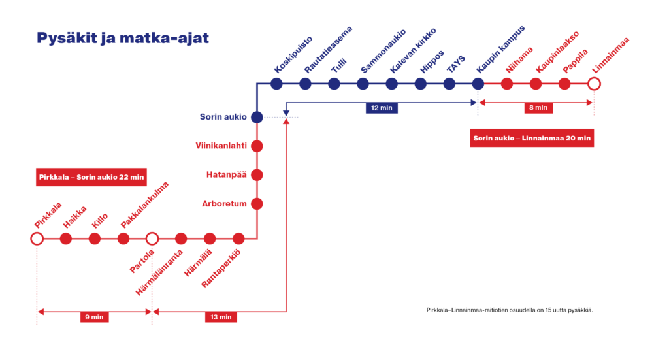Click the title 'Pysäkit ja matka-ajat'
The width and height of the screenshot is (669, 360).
tap(122, 39)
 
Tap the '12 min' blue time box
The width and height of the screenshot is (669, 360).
tap(382, 108)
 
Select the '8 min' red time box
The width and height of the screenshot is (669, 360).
tap(538, 108)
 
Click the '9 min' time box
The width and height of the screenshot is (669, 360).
tap(94, 317)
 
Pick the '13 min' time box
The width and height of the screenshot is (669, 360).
tap(221, 317)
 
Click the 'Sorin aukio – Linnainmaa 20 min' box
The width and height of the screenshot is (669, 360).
tap(532, 138)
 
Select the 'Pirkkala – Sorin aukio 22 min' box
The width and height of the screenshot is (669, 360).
tap(91, 177)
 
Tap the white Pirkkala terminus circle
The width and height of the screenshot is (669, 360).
tap(37, 238)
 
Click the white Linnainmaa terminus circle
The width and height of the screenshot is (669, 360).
tap(593, 84)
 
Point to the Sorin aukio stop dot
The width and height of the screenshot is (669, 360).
tap(257, 117)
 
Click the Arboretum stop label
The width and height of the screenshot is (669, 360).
tap(223, 204)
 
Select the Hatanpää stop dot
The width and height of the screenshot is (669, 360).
tap(257, 175)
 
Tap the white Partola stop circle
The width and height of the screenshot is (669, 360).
tap(152, 238)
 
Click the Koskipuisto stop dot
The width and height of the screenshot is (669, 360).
tap(276, 84)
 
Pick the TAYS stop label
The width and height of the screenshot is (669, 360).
tap(455, 63)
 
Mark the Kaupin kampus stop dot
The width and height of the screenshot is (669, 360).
tap(478, 84)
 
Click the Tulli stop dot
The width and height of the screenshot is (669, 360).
tap(334, 84)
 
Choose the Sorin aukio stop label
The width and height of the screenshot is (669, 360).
tap(223, 117)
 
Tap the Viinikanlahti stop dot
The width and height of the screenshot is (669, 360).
tap(257, 146)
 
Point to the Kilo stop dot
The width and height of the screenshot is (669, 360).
tap(95, 238)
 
